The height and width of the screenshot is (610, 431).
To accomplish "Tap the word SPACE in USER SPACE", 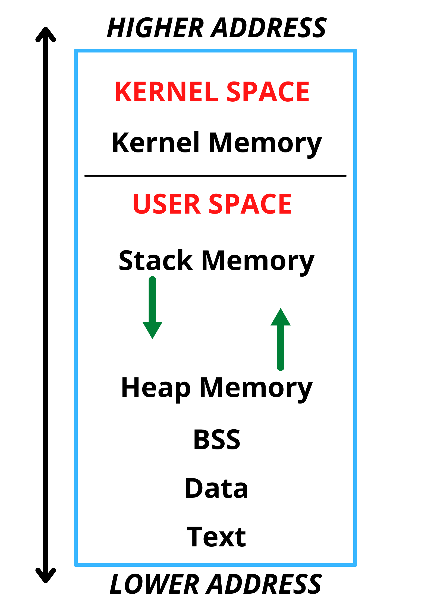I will pyautogui.click(x=250, y=204).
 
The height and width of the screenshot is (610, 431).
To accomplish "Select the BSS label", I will pyautogui.click(x=216, y=440).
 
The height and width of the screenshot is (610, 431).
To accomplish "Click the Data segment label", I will pyautogui.click(x=216, y=488).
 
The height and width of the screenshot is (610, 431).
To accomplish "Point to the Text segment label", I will pyautogui.click(x=216, y=537).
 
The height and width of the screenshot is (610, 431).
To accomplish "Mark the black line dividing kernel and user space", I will pyautogui.click(x=215, y=176).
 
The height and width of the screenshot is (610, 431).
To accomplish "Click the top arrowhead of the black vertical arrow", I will pyautogui.click(x=46, y=34).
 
